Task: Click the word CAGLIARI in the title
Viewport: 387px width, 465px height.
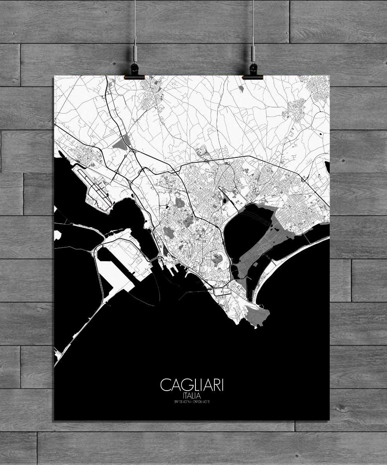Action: [192, 386]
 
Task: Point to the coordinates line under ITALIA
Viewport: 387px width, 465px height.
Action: [192, 402]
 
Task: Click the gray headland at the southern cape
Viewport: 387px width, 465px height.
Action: [255, 312]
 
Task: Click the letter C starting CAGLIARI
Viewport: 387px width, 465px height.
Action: [164, 386]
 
